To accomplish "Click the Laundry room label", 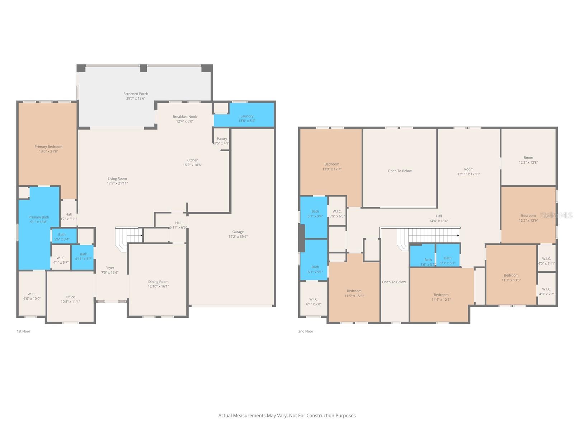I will tap(247, 116).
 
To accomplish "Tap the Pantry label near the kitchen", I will tap(222, 139).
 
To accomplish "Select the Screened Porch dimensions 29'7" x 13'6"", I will tap(136, 98).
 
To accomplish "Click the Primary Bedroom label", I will tap(48, 147).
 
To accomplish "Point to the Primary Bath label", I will tap(39, 217).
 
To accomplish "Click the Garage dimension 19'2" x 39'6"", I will tap(238, 236).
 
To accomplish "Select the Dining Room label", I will tap(158, 282).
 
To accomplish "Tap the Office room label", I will tap(70, 297).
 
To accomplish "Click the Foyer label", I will tap(110, 268).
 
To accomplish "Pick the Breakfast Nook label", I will tap(185, 116).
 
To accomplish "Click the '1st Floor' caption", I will tap(24, 331).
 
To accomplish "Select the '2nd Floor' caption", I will tap(306, 331).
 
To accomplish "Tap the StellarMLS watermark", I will tap(556, 215).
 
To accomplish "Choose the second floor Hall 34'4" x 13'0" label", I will tap(439, 216).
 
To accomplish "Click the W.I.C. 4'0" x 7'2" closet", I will tap(546, 291).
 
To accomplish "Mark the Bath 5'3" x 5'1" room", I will tap(448, 260).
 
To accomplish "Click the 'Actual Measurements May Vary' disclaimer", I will tap(287, 416).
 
